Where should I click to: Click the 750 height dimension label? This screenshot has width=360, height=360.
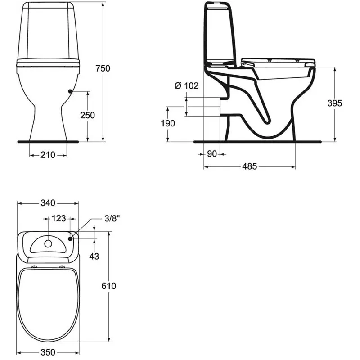(x=103, y=68)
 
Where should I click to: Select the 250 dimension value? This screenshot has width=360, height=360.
(x=87, y=115)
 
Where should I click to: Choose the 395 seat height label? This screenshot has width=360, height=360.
(x=335, y=103)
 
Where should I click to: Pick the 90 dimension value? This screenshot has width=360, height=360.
(x=212, y=154)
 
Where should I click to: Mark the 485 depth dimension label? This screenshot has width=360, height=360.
(x=250, y=167)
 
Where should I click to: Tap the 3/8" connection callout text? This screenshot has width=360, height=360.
(x=112, y=219)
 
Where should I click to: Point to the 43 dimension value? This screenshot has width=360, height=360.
(x=94, y=256)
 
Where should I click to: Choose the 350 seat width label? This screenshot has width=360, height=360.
(x=48, y=352)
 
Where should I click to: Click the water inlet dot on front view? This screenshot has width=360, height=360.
(x=70, y=92)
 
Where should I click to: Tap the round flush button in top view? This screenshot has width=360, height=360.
(x=48, y=243)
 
